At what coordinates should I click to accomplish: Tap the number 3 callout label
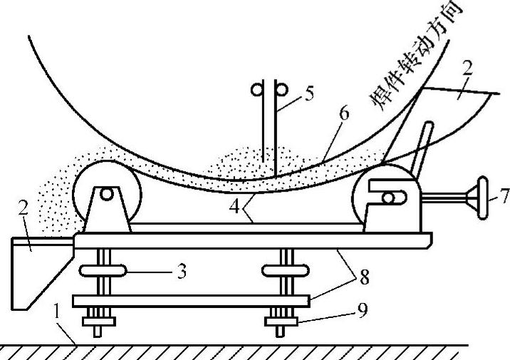[x=182, y=272]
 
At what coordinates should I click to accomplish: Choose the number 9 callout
[x=363, y=312]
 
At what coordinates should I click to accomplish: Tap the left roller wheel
[x=105, y=194]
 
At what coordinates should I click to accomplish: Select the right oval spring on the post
[x=285, y=271]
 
